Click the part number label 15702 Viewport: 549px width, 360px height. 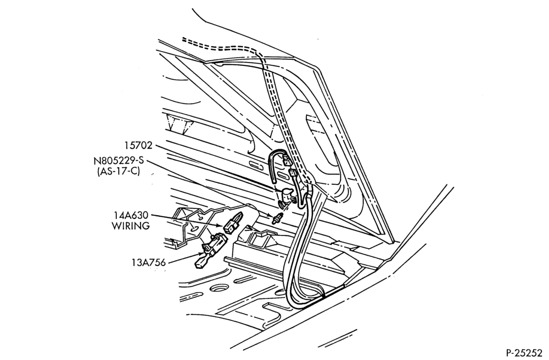click(x=138, y=145)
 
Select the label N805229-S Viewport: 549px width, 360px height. click(x=119, y=161)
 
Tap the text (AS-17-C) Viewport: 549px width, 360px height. click(x=119, y=172)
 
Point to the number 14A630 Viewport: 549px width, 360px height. click(x=130, y=215)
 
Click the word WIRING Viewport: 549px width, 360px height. click(x=131, y=226)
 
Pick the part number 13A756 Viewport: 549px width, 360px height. click(x=149, y=262)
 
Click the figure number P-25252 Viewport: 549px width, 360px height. click(x=524, y=352)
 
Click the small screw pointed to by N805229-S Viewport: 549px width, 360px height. click(x=277, y=218)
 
